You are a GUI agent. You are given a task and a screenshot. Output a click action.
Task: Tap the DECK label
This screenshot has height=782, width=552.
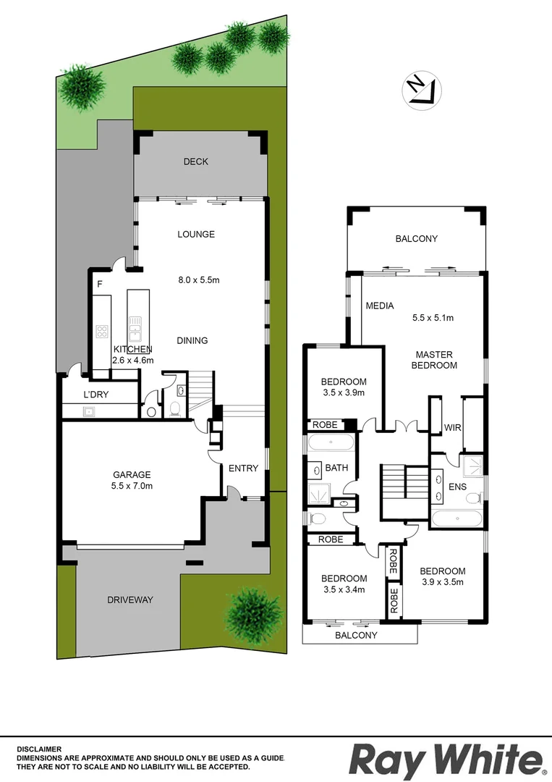195,161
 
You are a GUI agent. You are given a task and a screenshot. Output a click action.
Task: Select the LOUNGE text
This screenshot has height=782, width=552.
196,234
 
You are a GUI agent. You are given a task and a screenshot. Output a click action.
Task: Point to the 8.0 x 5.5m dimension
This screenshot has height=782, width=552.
199,279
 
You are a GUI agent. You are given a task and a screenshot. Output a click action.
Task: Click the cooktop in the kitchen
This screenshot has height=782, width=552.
102,333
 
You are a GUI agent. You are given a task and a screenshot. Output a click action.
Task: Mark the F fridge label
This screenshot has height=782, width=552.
99,285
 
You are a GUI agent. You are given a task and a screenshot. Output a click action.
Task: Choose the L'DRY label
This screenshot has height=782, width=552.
96,395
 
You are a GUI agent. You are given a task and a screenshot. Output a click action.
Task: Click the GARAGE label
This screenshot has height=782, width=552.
132,474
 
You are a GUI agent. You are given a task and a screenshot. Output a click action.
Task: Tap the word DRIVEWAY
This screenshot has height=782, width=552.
130,600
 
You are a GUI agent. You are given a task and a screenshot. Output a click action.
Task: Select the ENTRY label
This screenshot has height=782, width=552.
243,468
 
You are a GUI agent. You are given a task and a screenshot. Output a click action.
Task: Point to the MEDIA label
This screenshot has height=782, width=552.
380,306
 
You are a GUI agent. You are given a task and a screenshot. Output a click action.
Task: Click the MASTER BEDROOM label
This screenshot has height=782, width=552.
434,360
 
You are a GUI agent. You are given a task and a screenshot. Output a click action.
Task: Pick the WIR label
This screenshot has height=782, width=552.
453,427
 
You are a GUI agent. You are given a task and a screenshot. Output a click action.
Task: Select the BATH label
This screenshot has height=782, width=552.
336,468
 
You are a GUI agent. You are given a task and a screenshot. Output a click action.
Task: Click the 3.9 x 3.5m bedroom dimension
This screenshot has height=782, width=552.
442,581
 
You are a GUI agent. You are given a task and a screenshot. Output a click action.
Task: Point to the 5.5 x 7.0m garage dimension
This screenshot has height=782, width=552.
132,486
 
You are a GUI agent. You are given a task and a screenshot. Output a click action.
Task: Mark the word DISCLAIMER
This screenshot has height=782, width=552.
40,749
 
